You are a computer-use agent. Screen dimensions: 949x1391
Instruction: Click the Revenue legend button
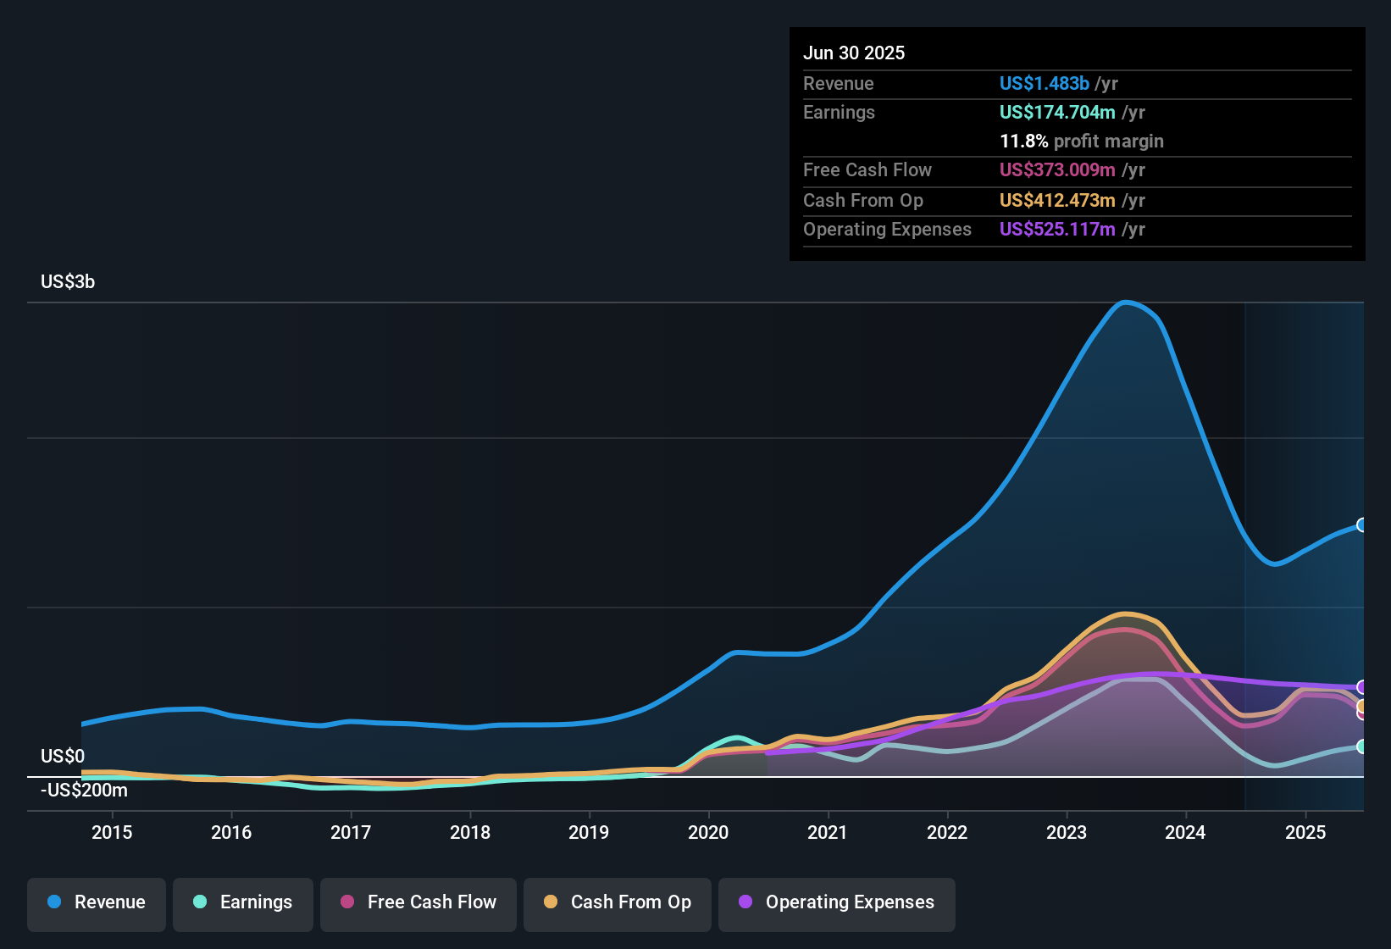[97, 902]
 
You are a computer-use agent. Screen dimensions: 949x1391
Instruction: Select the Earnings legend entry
[243, 902]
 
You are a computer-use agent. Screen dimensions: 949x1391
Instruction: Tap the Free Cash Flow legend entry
[418, 902]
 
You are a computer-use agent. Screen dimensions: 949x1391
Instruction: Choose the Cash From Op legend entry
[618, 902]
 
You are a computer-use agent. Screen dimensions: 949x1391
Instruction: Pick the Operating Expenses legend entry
[837, 902]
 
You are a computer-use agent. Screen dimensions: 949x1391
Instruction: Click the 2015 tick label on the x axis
[112, 833]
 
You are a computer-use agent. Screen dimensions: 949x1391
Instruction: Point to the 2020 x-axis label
[708, 833]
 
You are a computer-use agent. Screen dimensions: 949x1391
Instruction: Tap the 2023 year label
[1067, 833]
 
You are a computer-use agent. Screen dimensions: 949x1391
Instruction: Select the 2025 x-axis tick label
[1305, 833]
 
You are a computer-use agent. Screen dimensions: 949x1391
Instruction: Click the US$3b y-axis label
[68, 282]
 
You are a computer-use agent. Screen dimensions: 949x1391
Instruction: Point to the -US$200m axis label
[85, 791]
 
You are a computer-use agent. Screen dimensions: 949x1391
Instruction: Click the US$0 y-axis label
[63, 757]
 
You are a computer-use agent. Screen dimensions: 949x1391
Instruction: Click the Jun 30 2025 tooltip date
[854, 53]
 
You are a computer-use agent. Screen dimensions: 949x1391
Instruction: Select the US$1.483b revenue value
[1044, 84]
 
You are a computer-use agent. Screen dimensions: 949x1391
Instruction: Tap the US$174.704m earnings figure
[1057, 113]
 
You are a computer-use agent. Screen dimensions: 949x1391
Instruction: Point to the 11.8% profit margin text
[1081, 142]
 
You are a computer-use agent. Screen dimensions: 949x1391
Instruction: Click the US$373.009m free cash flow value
[1057, 170]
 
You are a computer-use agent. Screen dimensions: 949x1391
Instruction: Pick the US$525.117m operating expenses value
[1057, 230]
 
